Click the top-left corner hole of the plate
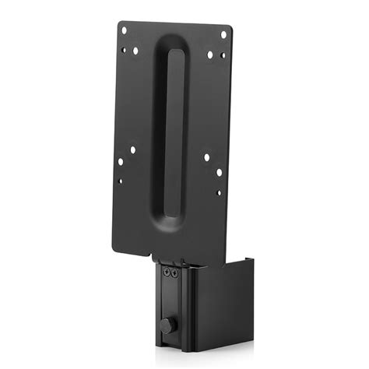coord(122,31)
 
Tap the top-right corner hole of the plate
coord(223,34)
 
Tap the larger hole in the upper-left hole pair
coord(135,51)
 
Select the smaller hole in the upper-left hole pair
coord(124,51)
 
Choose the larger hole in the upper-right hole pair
coord(209,54)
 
